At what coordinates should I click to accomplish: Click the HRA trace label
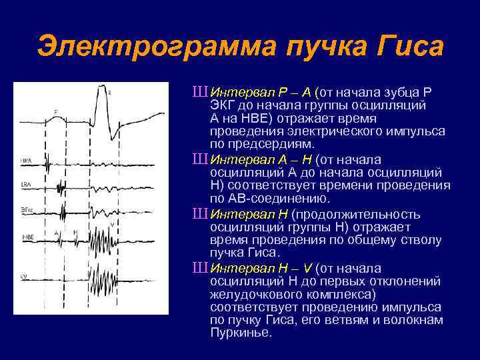(x=27, y=161)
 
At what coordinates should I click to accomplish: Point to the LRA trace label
(x=26, y=183)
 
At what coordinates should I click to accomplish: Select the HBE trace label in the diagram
(x=27, y=236)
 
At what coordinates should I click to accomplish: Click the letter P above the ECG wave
(x=55, y=111)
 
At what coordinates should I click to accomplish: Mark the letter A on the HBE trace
(x=57, y=232)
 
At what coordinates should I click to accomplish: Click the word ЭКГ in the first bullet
(x=223, y=105)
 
